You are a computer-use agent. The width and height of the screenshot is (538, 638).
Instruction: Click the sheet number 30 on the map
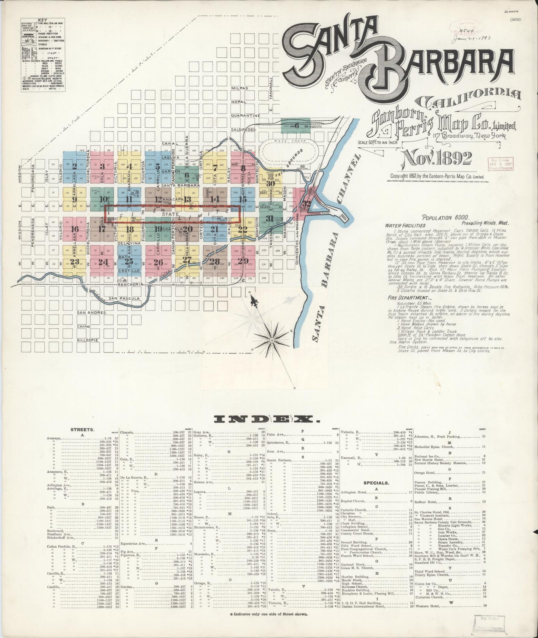271,184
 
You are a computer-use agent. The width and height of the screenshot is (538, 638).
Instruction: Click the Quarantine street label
245,115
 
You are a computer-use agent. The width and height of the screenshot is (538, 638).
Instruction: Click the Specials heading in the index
376,483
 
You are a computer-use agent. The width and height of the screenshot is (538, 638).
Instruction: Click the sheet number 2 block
75,166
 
